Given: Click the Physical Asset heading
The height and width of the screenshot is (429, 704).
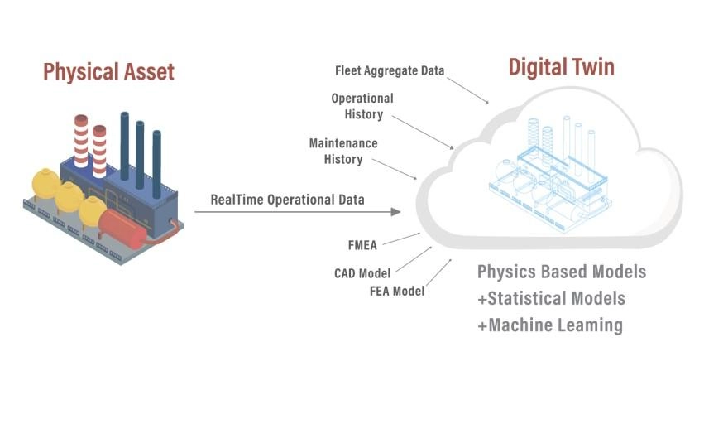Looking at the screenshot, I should click(x=108, y=71).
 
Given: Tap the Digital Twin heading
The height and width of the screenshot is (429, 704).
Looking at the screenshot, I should click(x=561, y=66).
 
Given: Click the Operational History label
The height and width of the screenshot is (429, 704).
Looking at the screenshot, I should click(x=362, y=106).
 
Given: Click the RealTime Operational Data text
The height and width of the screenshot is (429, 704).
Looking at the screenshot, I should click(x=287, y=200).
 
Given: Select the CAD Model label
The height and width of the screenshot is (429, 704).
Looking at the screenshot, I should click(x=362, y=272).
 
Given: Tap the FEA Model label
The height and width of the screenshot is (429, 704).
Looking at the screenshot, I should click(x=397, y=291).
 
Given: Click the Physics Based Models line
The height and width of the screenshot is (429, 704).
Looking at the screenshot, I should click(x=562, y=272).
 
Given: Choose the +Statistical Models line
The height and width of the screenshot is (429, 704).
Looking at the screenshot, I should click(x=551, y=298).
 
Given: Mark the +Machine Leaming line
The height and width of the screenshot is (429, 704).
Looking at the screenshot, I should click(x=549, y=325).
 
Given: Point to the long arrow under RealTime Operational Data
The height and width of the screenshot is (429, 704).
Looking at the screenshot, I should click(x=298, y=212).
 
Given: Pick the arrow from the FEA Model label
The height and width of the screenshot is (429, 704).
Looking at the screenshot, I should click(x=439, y=272).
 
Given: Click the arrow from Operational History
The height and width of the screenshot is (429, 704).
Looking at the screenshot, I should click(x=423, y=132).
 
